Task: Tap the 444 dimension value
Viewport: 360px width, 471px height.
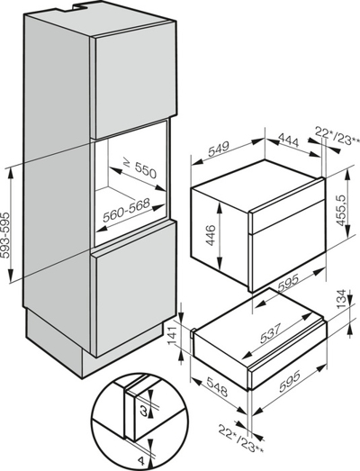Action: [x=289, y=140]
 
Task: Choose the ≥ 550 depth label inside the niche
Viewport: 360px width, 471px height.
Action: [x=140, y=169]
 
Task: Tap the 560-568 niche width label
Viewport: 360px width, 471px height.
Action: [x=126, y=210]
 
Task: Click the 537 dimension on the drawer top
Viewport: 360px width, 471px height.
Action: [x=270, y=333]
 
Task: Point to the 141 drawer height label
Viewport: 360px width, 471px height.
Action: [x=175, y=334]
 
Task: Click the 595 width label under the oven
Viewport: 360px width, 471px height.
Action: [x=288, y=284]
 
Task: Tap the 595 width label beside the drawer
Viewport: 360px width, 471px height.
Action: [x=290, y=382]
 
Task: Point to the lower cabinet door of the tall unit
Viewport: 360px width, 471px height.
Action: [x=134, y=287]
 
